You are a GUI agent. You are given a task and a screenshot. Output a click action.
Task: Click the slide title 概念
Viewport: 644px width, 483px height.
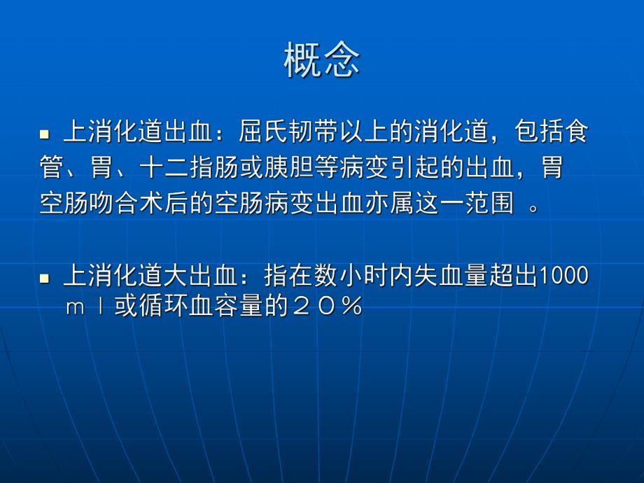tap(321, 61)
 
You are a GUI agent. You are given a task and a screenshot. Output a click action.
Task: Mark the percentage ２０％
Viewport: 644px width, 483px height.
tap(330, 308)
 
